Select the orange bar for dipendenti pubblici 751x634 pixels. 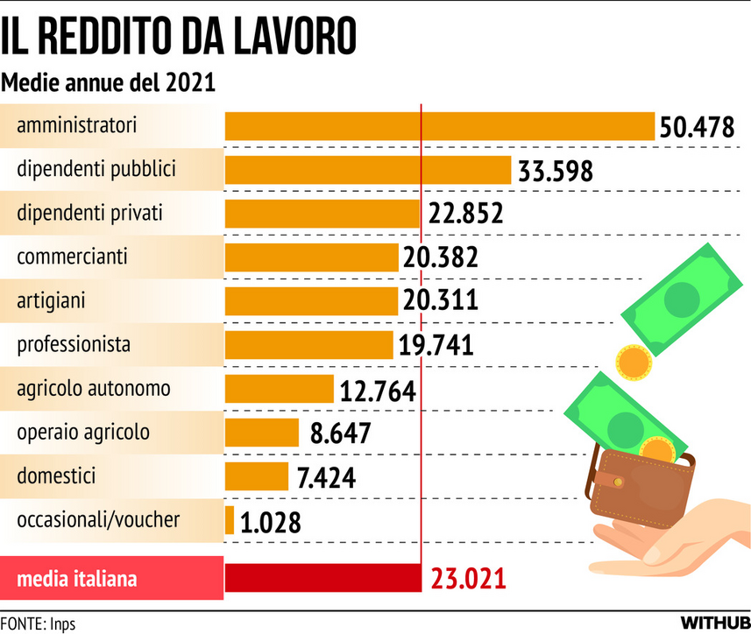[368, 170]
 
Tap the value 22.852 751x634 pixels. [465, 214]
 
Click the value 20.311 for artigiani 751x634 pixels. [440, 301]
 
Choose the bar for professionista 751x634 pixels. [308, 344]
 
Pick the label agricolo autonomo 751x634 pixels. [94, 388]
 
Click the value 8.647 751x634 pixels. [340, 433]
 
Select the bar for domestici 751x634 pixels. [257, 476]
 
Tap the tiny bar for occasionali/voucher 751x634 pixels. [230, 520]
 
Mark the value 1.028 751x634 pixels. [270, 522]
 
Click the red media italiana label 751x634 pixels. [77, 579]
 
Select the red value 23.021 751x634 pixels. [469, 579]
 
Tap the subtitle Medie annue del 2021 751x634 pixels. [109, 83]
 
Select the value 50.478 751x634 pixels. [697, 127]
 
